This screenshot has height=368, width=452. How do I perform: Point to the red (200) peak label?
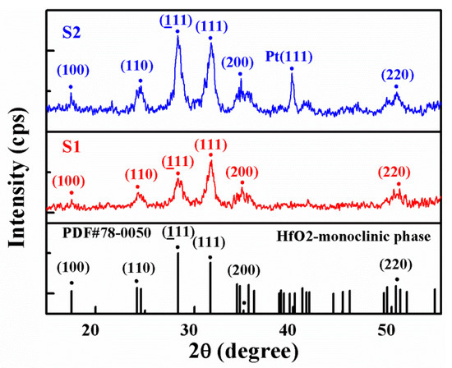coord(242,172)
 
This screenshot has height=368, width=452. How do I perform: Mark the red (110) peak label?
coord(137,175)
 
